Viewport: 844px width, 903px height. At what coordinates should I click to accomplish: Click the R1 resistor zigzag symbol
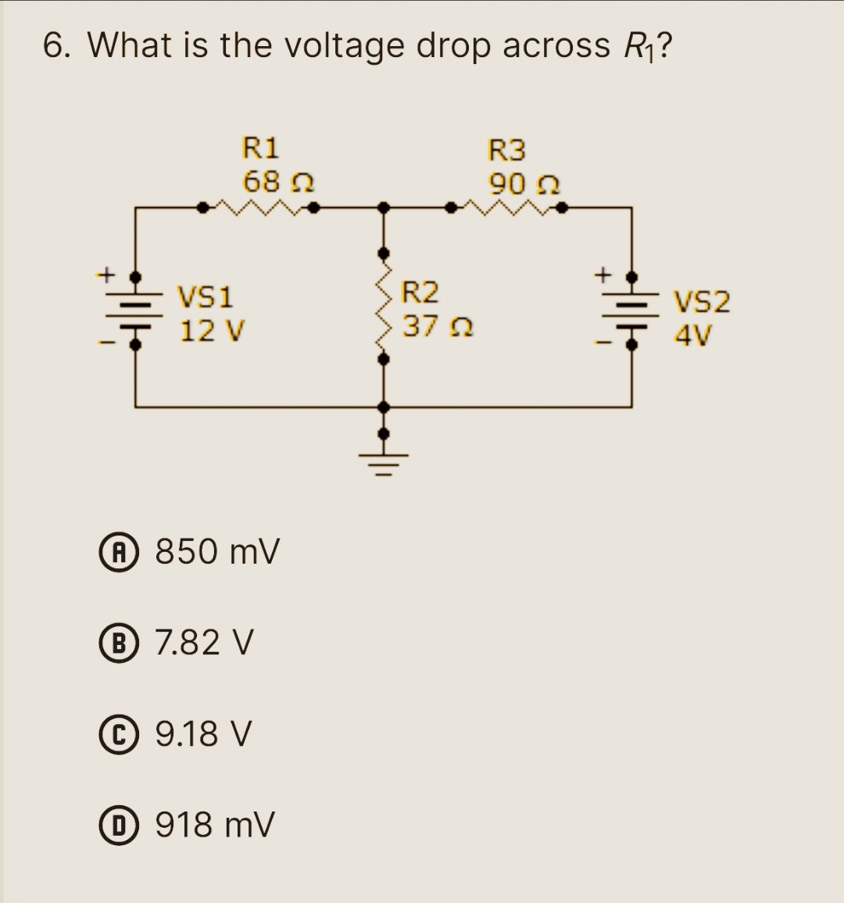pos(259,208)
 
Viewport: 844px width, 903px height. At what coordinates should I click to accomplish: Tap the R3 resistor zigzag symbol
pos(507,208)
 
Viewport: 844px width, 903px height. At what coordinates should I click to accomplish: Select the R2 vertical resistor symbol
pos(383,306)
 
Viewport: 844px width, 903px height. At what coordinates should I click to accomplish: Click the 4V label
pos(694,335)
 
